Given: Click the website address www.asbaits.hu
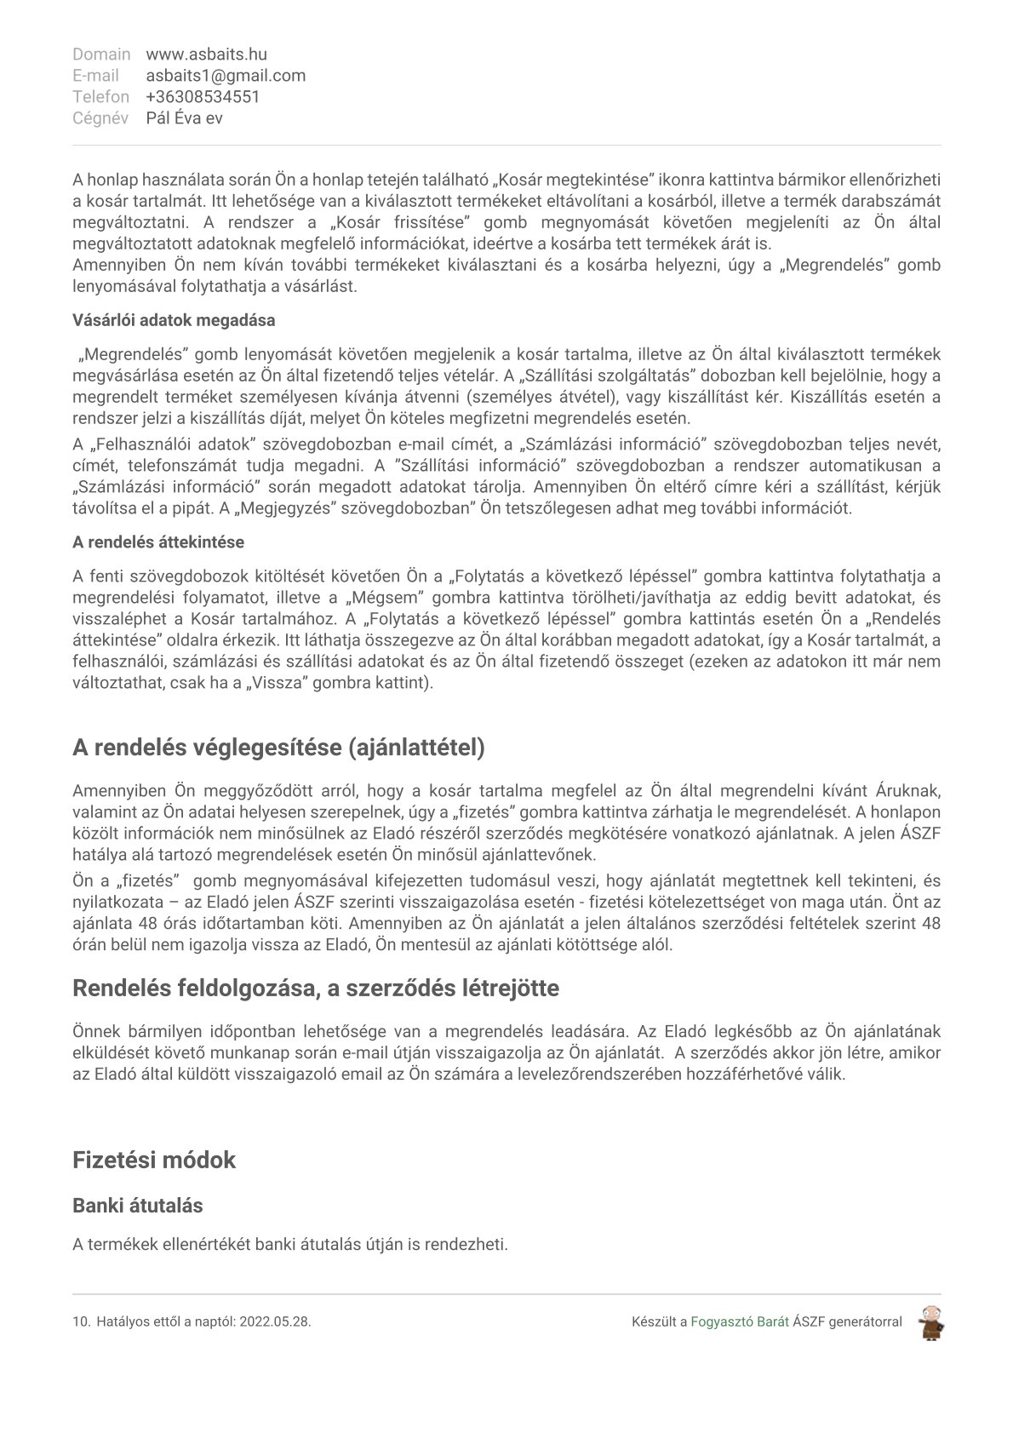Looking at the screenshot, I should (x=206, y=54).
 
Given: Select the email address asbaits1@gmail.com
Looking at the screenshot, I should (x=226, y=76).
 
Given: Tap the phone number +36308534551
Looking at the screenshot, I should (x=203, y=97).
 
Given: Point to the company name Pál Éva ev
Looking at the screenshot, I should (x=184, y=118).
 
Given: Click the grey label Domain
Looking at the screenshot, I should (x=101, y=54).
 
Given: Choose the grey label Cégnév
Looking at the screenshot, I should (x=100, y=118).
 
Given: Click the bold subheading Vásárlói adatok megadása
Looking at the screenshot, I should (x=174, y=320).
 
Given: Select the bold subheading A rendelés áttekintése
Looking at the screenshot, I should (x=158, y=542).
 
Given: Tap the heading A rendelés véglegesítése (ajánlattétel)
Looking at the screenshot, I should (x=278, y=748).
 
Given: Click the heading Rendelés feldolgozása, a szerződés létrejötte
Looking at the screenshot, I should (x=316, y=989).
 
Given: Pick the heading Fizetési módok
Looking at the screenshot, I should (x=154, y=1160).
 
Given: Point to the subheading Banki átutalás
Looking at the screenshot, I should (x=137, y=1206).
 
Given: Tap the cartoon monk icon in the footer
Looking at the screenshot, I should (x=931, y=1322).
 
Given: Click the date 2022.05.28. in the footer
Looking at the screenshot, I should (x=276, y=1322).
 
